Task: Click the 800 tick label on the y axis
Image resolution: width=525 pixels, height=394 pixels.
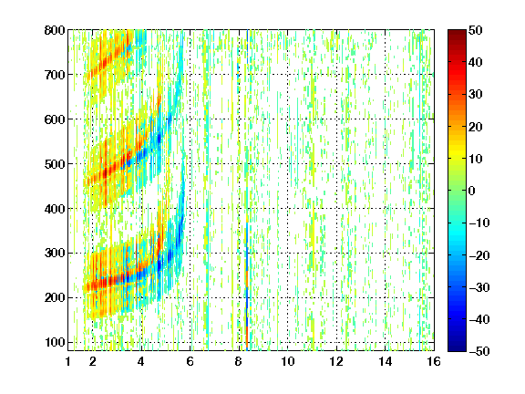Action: (55, 30)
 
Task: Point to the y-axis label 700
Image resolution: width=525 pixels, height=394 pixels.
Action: (55, 75)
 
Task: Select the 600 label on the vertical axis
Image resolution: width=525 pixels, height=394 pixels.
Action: (55, 119)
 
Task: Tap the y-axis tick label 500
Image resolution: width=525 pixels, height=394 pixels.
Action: (55, 164)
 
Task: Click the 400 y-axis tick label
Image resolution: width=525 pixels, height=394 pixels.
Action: (55, 209)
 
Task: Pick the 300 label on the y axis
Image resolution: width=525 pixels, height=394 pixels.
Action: (55, 254)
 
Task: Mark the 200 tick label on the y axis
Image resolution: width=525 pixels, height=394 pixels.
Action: (55, 298)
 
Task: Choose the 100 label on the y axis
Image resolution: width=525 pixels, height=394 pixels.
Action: (55, 342)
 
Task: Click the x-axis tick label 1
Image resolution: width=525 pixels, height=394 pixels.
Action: (68, 361)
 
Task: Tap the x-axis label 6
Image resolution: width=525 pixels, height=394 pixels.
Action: (190, 361)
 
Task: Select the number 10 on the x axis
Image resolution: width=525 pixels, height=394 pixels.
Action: (288, 361)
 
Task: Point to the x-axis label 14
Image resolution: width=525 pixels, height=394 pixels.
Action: (386, 361)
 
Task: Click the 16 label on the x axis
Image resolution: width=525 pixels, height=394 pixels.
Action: (434, 361)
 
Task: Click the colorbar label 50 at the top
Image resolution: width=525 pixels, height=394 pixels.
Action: (476, 30)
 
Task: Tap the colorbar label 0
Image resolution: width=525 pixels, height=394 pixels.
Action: (472, 191)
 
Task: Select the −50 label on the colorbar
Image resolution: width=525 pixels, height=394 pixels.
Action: (479, 351)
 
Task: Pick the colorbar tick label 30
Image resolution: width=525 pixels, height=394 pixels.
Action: (476, 95)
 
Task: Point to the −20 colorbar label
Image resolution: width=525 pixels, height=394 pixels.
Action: (479, 255)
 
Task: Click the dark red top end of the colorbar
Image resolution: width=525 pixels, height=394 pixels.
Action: (457, 32)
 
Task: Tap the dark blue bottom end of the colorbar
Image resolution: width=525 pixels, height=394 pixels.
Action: (457, 349)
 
